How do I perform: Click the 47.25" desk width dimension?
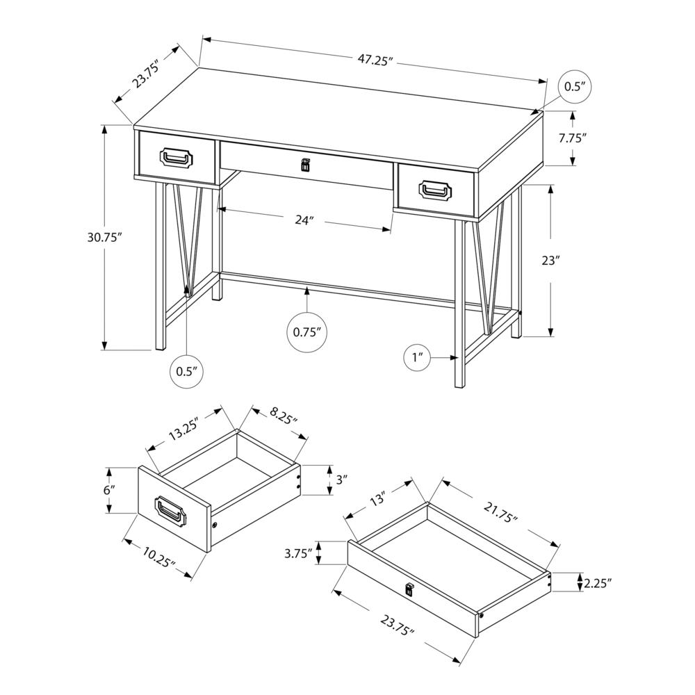[x=376, y=60]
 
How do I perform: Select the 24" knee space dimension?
[x=304, y=220]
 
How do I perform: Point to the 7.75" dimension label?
[x=573, y=138]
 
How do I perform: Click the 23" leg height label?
[x=550, y=261]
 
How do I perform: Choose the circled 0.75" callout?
[x=306, y=332]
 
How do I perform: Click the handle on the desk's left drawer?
[x=177, y=158]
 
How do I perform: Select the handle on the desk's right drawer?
[x=436, y=188]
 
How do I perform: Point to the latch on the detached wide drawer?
[x=409, y=589]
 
